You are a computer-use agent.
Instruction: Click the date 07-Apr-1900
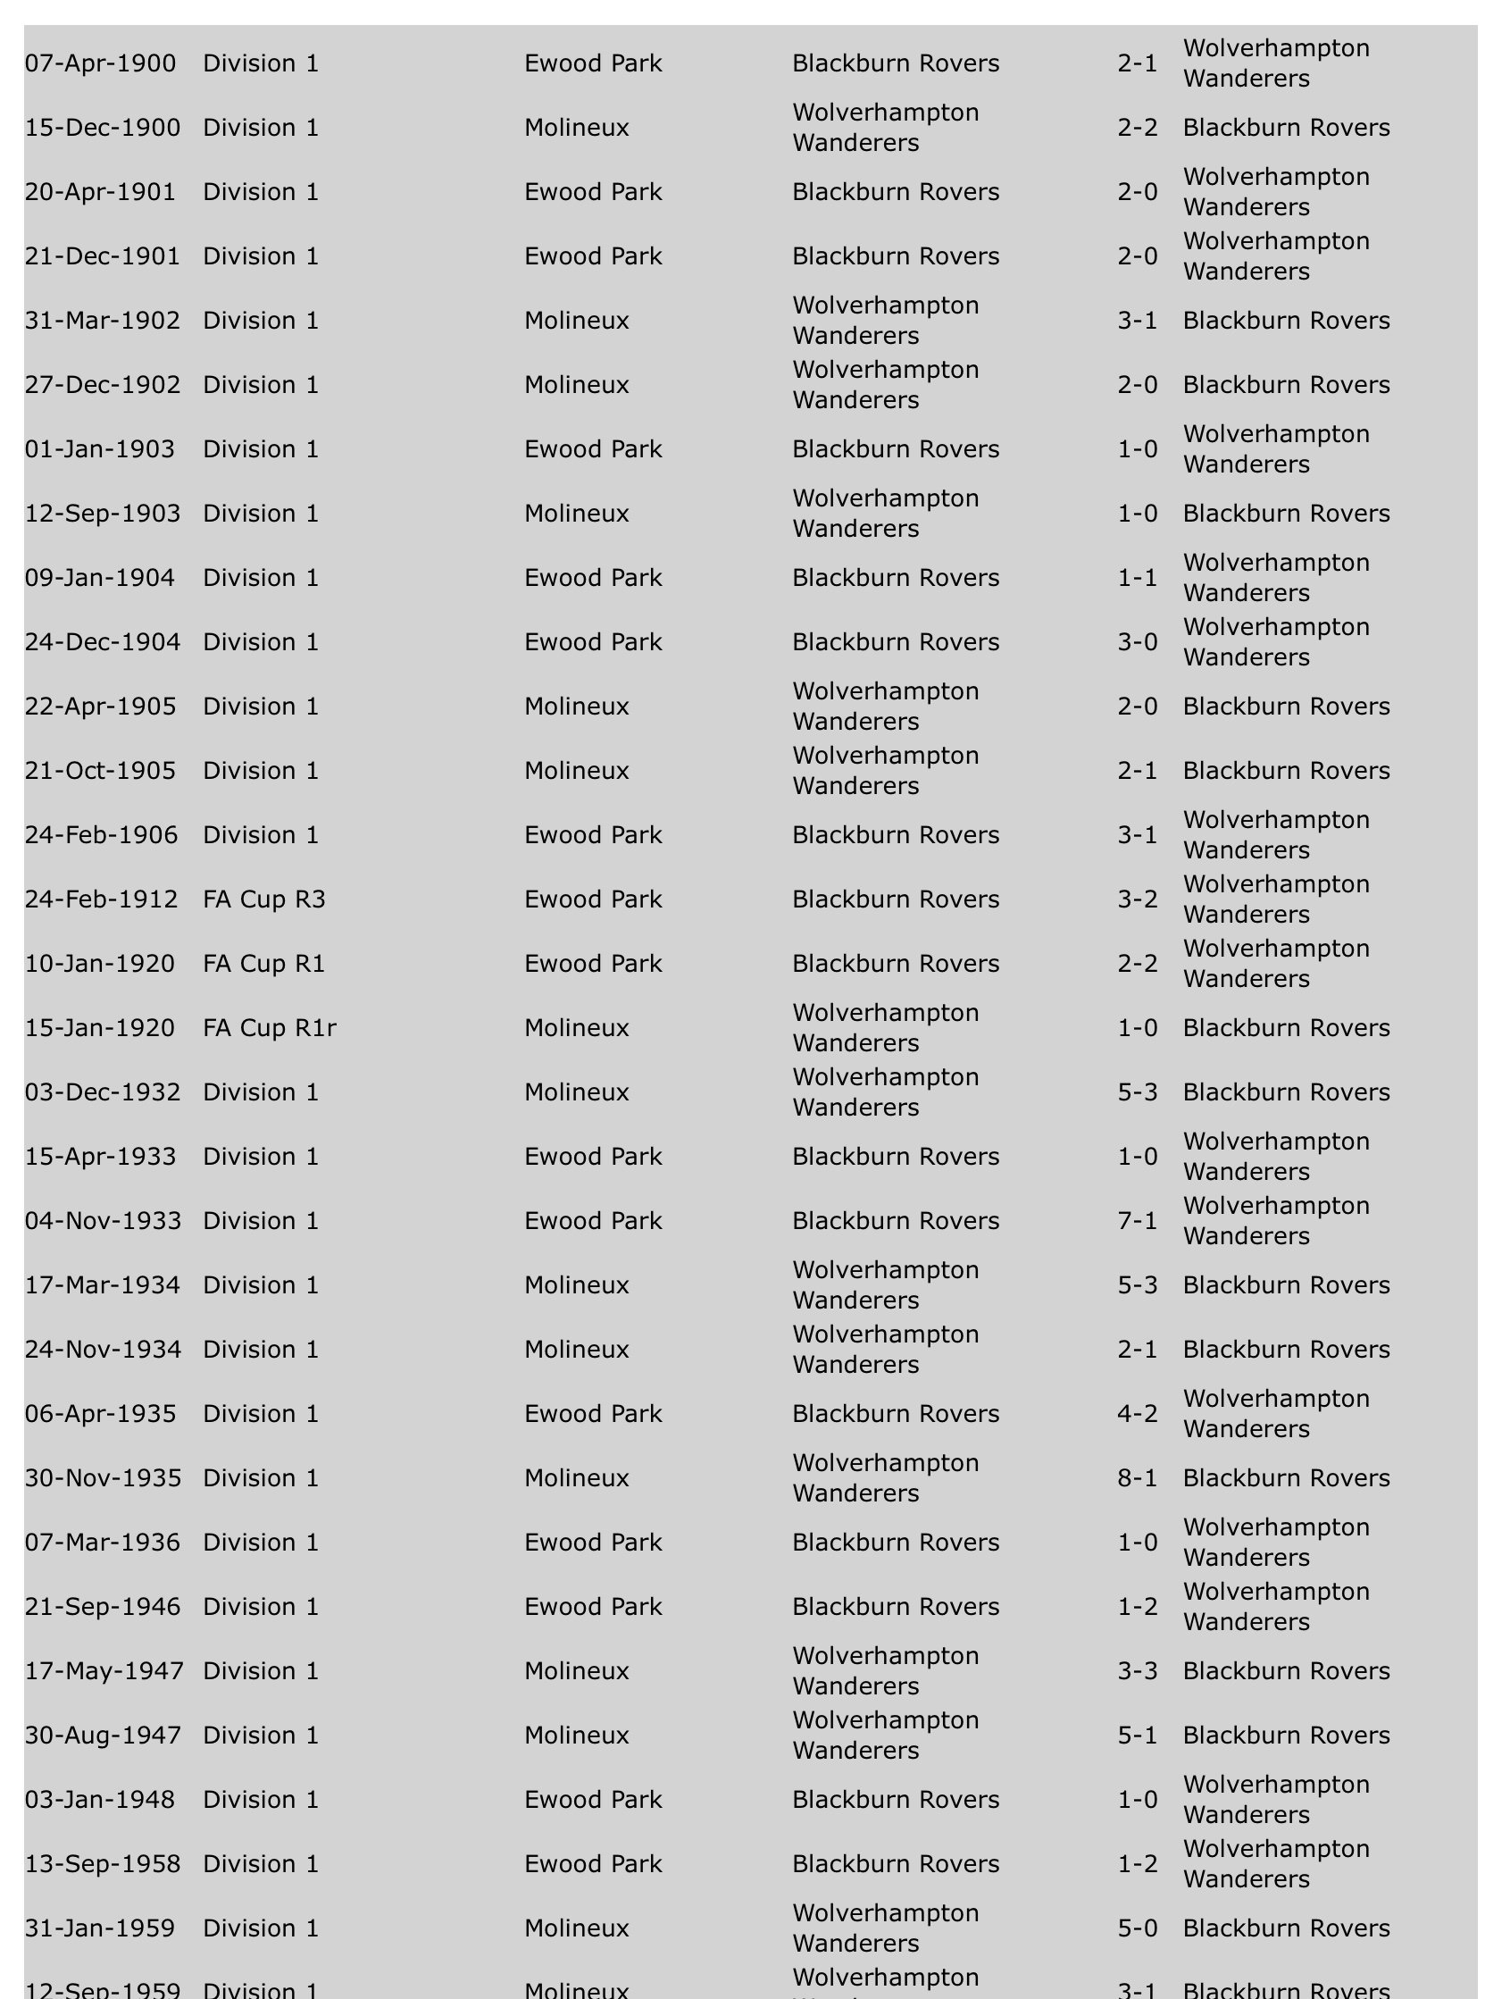point(100,63)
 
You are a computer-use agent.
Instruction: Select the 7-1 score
point(1137,1221)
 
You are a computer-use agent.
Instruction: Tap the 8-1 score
point(1137,1477)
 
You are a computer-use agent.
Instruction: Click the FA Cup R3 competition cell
point(263,899)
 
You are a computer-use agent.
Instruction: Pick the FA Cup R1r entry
point(270,1027)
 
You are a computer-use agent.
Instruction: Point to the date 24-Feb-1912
point(101,899)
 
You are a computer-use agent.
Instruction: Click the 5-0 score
point(1137,1928)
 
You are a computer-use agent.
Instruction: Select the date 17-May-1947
point(104,1671)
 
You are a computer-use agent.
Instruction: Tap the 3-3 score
point(1137,1671)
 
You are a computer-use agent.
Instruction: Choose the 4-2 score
point(1137,1413)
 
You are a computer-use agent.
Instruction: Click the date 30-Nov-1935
point(103,1477)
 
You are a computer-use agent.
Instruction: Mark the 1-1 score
point(1137,578)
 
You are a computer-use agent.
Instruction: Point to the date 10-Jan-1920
point(99,964)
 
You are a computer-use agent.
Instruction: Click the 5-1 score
point(1137,1736)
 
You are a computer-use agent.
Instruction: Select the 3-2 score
point(1137,899)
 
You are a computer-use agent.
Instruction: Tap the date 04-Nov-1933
point(103,1221)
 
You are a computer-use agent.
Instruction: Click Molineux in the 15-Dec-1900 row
point(577,128)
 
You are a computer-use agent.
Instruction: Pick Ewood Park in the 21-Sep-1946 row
point(593,1607)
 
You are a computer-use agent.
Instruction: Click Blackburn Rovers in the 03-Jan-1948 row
point(896,1799)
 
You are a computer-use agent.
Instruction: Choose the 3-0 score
point(1137,641)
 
